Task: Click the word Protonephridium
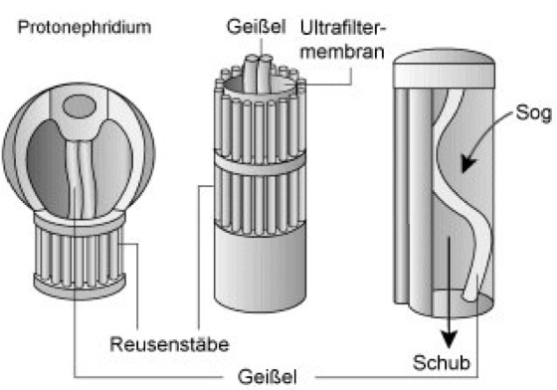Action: [85, 27]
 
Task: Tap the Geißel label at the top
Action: [257, 27]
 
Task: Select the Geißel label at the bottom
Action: [268, 377]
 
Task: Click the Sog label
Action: [534, 112]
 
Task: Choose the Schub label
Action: [442, 363]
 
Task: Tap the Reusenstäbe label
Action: [169, 344]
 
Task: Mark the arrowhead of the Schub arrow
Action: [449, 339]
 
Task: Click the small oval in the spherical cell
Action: [80, 106]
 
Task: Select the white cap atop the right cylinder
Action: [444, 70]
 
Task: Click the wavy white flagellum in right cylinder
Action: [459, 194]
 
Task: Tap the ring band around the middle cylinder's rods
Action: [260, 164]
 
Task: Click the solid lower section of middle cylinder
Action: [260, 270]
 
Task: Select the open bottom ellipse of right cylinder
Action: [462, 304]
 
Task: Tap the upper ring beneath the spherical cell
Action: [80, 222]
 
